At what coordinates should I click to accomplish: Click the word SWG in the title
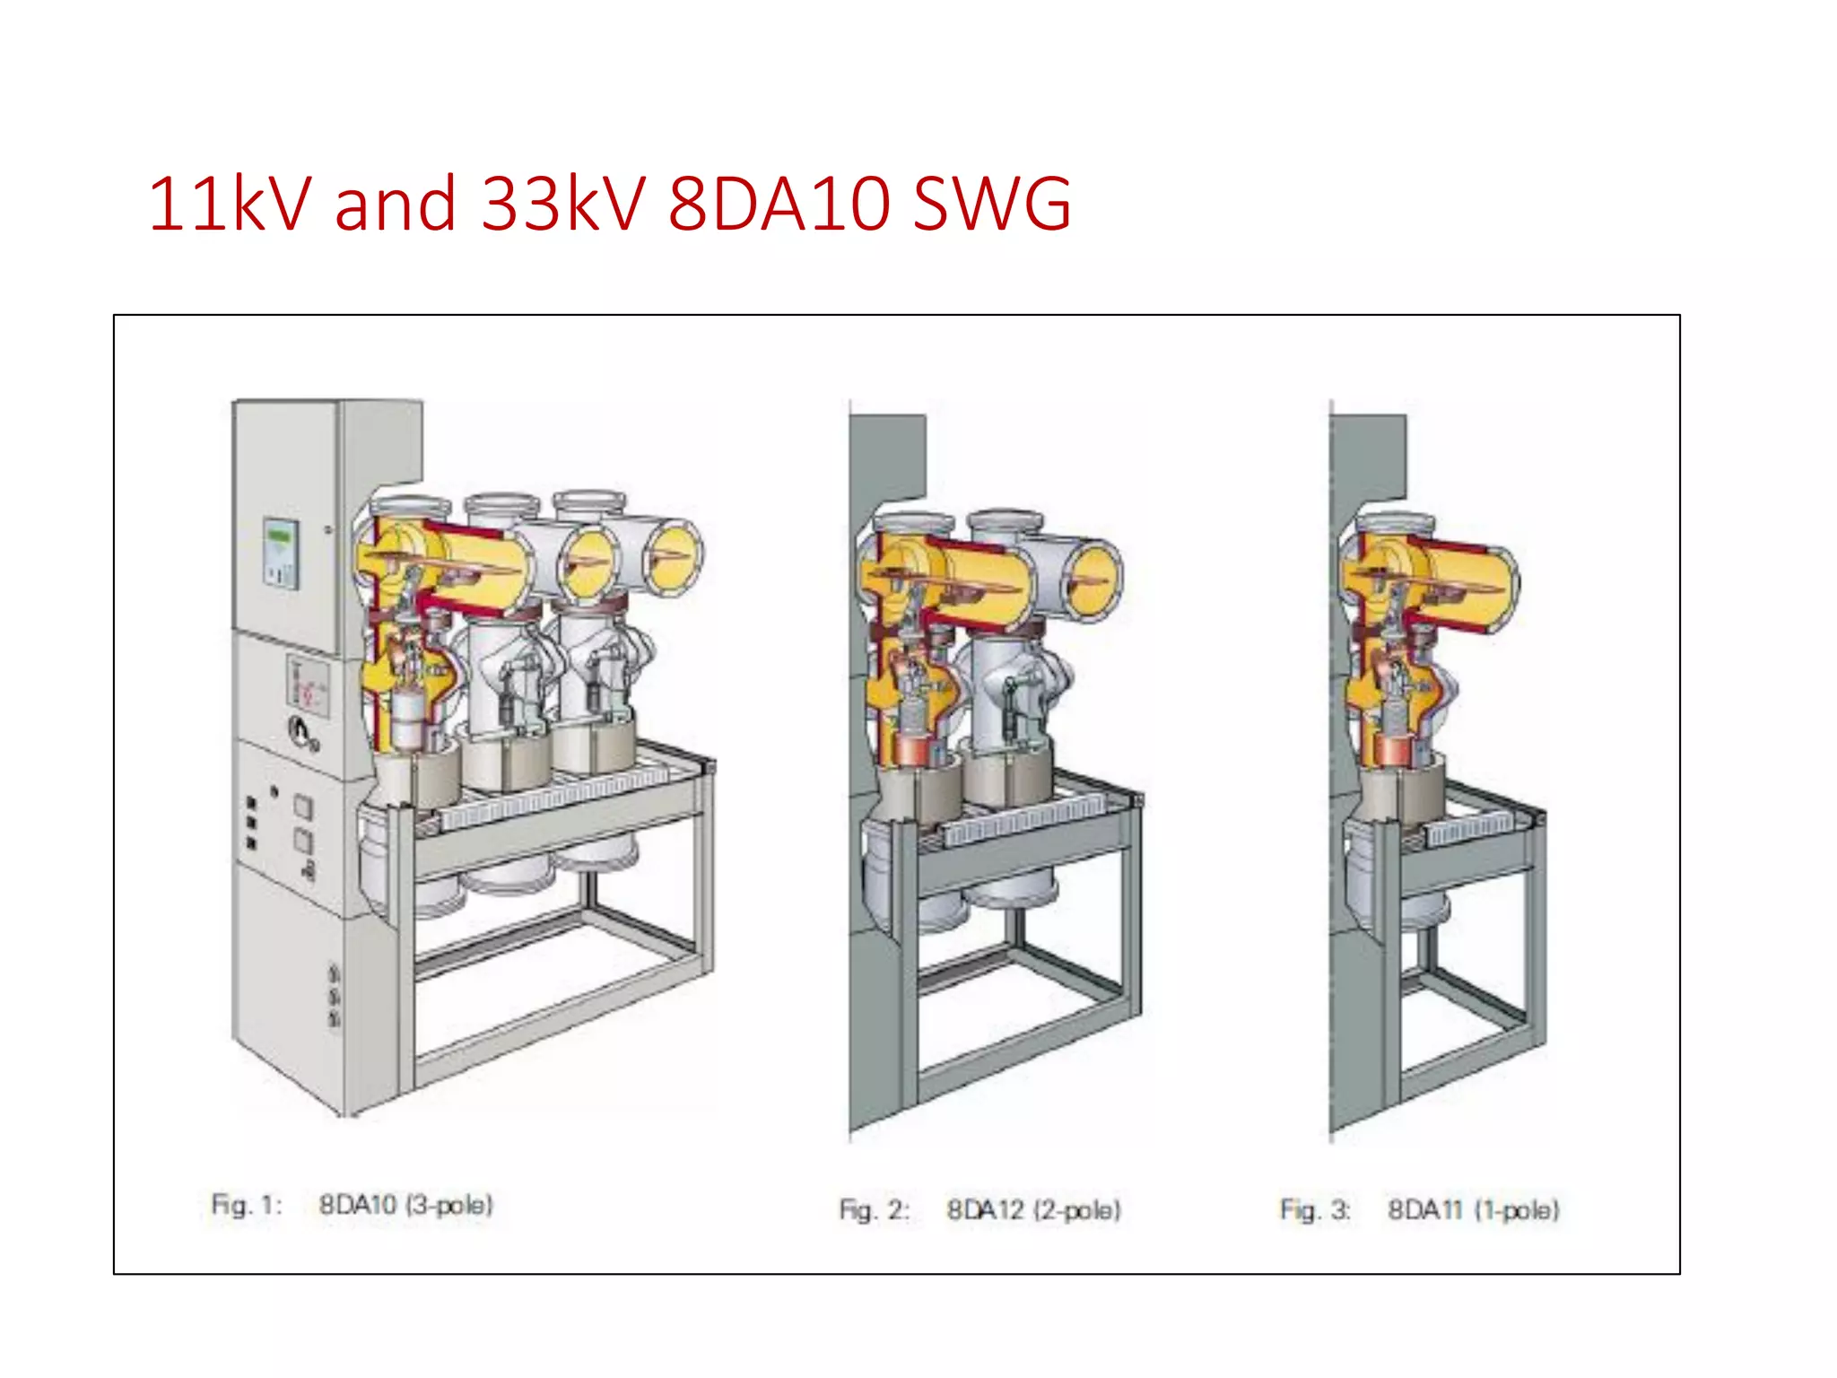(991, 205)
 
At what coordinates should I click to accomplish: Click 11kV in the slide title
(230, 205)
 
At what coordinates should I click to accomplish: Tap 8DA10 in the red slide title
(779, 205)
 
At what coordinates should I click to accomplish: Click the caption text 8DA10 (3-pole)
(405, 1205)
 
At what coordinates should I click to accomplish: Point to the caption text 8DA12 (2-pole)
(1033, 1210)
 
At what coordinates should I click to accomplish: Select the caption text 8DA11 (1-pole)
(1473, 1210)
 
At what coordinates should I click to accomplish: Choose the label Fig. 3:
(1315, 1210)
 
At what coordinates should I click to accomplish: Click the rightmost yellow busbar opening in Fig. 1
(675, 559)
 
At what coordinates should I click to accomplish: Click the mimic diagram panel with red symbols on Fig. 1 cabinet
(308, 687)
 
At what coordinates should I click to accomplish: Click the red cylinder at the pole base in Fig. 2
(912, 748)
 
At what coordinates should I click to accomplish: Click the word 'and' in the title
(395, 205)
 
